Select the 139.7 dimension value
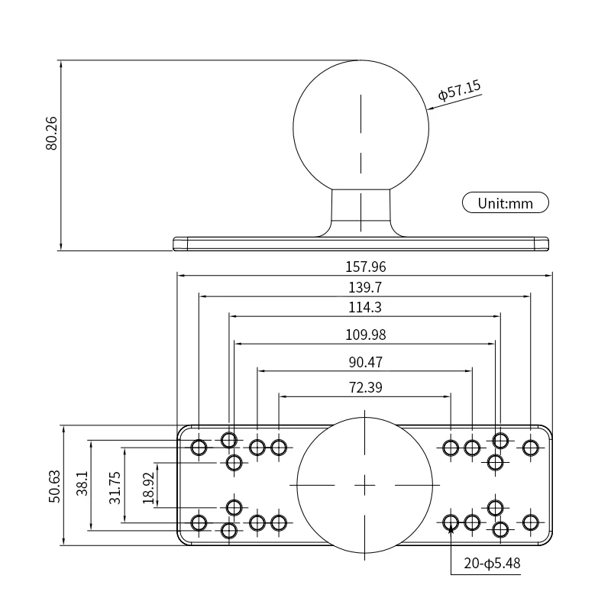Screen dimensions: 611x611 (x=365, y=287)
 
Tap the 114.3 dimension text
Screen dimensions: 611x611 (x=365, y=308)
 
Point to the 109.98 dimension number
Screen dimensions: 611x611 (x=365, y=335)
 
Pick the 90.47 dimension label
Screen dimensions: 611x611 (x=365, y=362)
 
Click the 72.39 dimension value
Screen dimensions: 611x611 (x=365, y=388)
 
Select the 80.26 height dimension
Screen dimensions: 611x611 (x=51, y=133)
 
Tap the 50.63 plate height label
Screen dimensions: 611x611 (x=54, y=485)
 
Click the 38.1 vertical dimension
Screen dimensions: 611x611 (x=82, y=484)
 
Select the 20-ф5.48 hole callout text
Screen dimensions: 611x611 (x=493, y=564)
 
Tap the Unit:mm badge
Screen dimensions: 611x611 (x=505, y=203)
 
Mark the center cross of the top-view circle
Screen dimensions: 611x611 (x=365, y=485)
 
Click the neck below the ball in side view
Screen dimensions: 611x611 (x=361, y=209)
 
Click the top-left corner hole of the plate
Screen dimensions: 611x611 (x=199, y=447)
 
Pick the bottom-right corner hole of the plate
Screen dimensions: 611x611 (x=531, y=522)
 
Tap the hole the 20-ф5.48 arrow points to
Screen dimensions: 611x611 (x=451, y=522)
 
